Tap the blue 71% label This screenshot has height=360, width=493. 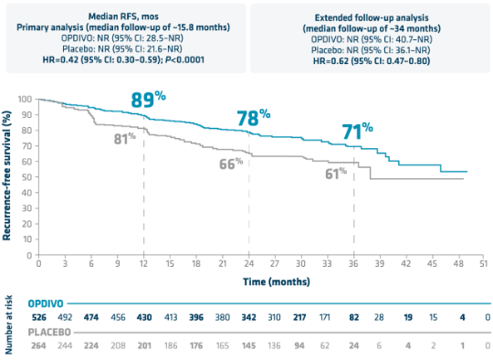pyautogui.click(x=356, y=130)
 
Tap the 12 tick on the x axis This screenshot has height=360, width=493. pyautogui.click(x=142, y=263)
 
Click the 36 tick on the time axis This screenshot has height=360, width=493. pyautogui.click(x=353, y=263)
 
